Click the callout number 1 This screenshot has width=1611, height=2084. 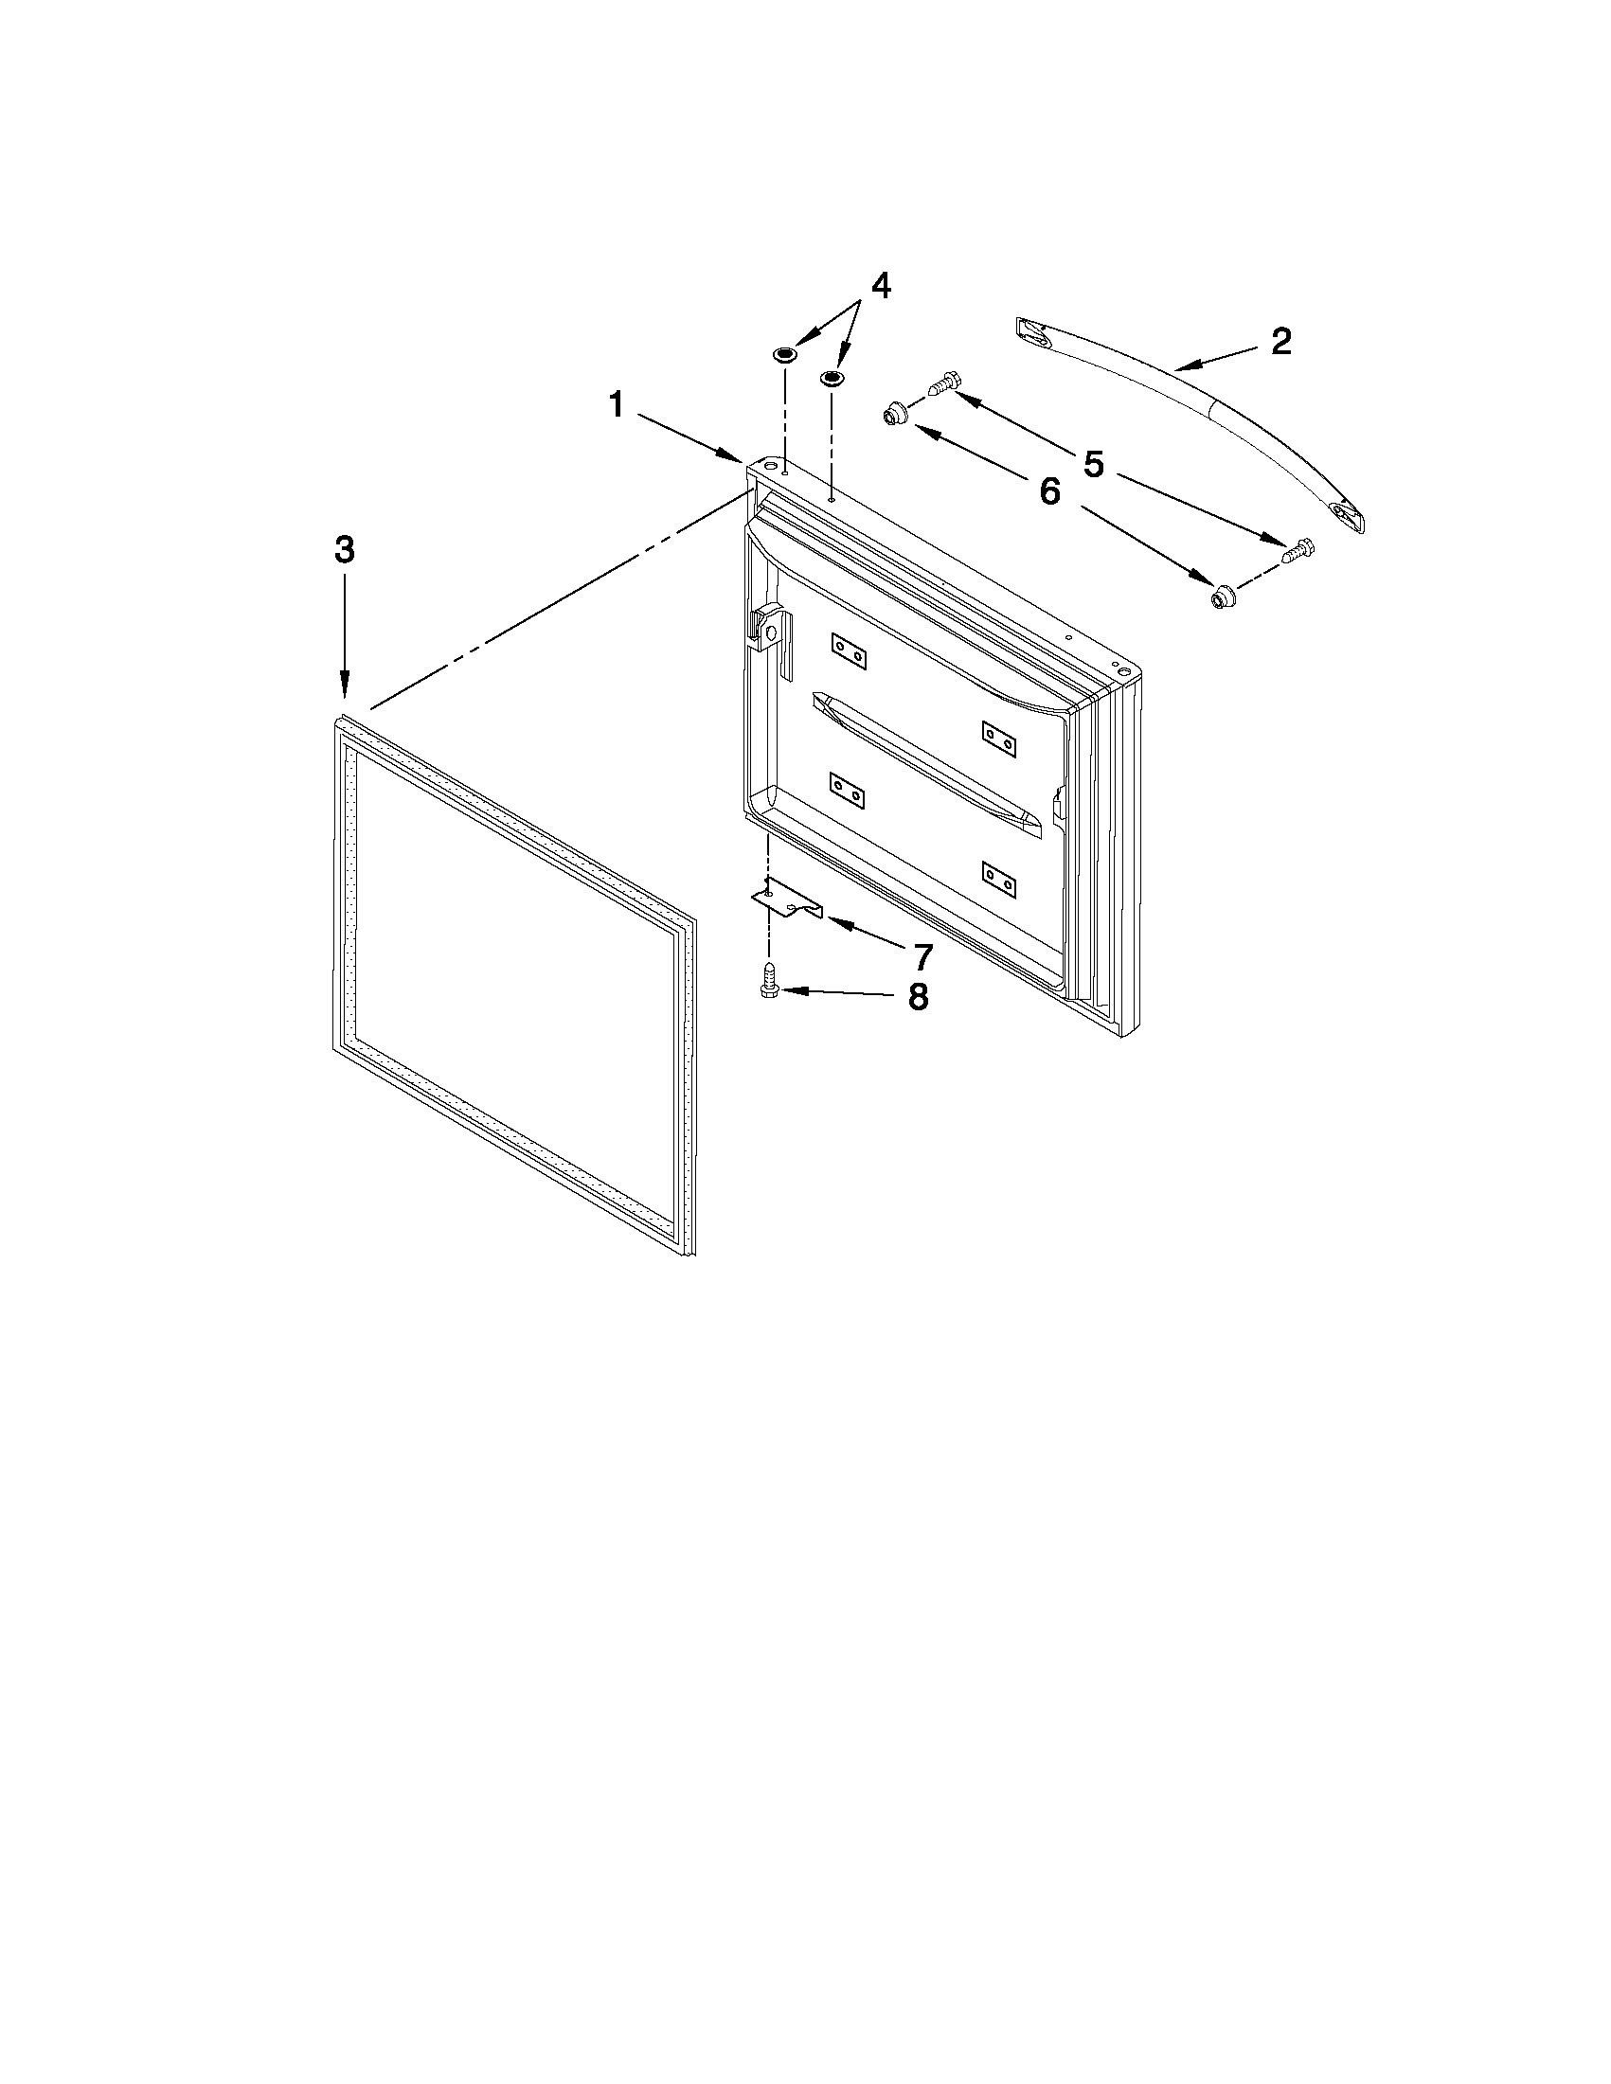pos(617,406)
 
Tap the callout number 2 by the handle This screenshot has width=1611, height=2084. pos(1280,341)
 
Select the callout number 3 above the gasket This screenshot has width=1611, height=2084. pos(345,550)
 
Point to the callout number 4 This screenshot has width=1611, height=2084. pos(880,285)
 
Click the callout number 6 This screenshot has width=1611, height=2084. pos(1048,492)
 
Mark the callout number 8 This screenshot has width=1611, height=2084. pos(917,996)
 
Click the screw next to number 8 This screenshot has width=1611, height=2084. pos(769,982)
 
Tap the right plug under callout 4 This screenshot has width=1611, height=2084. pos(832,379)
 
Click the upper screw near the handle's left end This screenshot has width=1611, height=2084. pos(941,384)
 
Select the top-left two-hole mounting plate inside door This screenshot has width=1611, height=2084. pos(847,652)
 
